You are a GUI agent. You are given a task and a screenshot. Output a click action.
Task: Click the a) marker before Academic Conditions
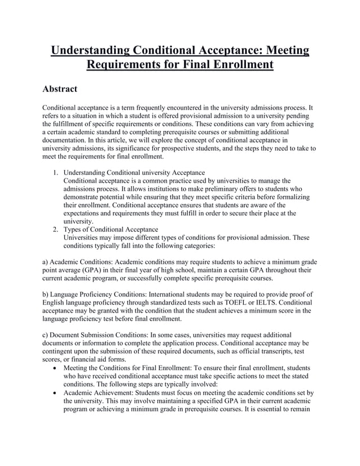(47, 262)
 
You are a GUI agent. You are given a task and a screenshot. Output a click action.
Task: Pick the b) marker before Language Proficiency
(47, 294)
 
